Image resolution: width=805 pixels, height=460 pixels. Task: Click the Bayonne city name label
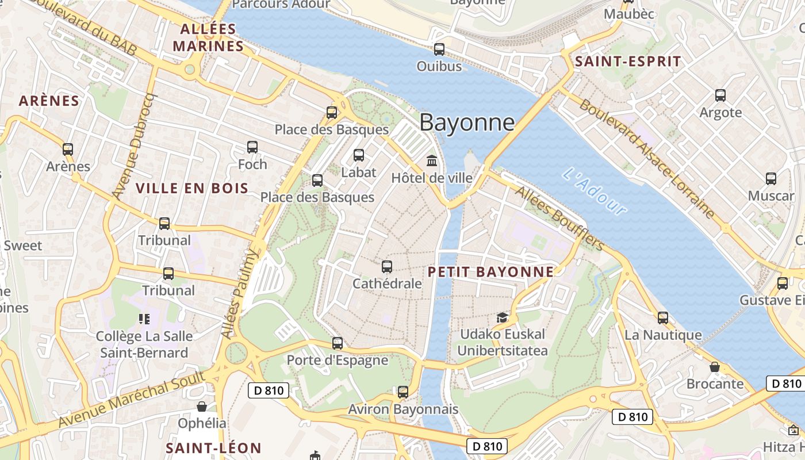tap(467, 122)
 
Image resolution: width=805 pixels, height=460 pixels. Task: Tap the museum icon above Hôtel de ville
tap(431, 160)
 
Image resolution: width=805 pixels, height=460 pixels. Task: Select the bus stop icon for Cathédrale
tap(387, 266)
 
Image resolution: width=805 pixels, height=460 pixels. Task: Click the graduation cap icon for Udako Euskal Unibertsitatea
tap(503, 317)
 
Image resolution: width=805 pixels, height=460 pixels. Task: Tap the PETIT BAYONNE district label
tap(491, 272)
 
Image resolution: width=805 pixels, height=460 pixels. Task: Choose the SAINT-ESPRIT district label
tap(628, 62)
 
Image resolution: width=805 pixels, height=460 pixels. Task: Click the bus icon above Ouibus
tap(439, 49)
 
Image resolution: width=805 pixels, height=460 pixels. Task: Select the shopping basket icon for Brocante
tap(715, 366)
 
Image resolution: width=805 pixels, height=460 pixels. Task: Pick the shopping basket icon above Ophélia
tap(202, 407)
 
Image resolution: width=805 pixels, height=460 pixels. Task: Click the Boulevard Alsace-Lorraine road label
tap(647, 159)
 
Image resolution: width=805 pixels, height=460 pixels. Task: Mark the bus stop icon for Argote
tap(720, 95)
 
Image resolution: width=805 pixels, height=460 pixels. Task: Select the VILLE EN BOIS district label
tap(192, 188)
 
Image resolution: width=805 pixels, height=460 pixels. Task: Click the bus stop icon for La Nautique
tap(663, 317)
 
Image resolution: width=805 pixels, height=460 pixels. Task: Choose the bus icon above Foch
tap(252, 147)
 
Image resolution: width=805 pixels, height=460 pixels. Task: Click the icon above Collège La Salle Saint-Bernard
tap(144, 319)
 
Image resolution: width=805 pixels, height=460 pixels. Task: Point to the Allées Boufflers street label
tap(559, 218)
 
